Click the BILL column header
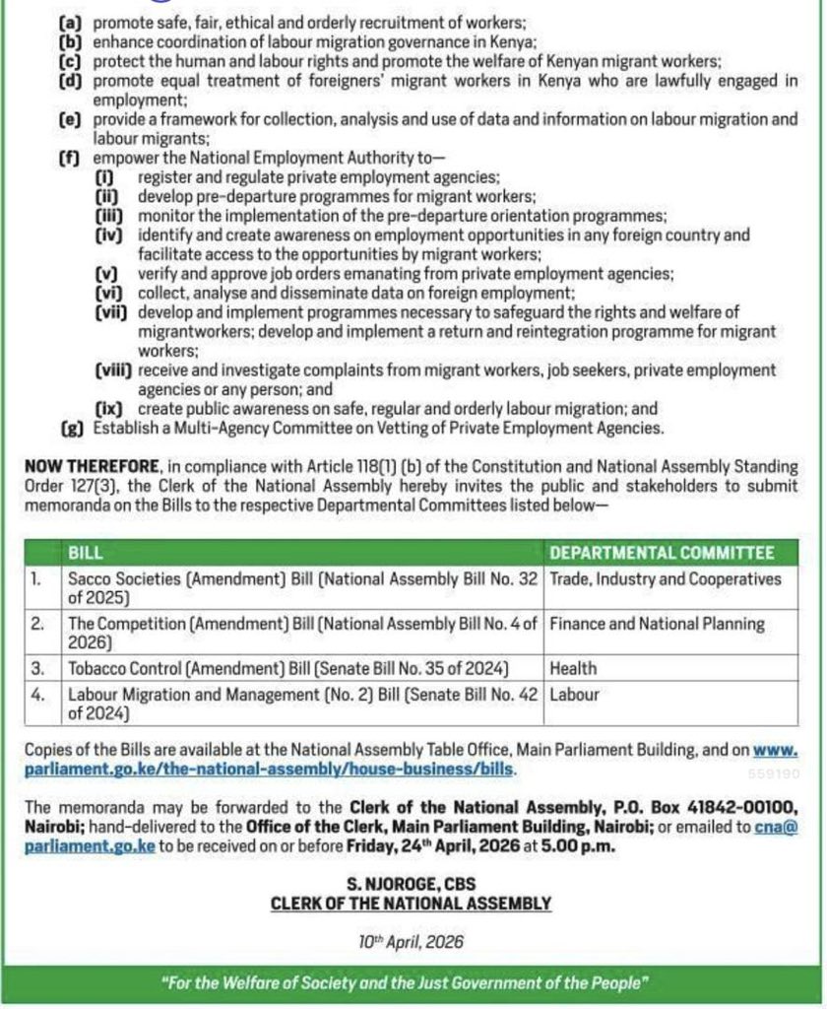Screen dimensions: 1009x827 click(x=85, y=553)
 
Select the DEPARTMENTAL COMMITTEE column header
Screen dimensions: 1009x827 click(x=662, y=553)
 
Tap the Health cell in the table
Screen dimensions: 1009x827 click(x=573, y=668)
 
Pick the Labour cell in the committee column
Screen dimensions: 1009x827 click(x=574, y=694)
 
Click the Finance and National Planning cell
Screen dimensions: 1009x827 click(x=657, y=623)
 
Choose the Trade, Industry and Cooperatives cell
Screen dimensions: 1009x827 click(x=665, y=579)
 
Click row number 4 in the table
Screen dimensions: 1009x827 click(x=37, y=694)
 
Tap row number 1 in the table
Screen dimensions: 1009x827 click(x=36, y=579)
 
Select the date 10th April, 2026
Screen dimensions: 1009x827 click(x=411, y=942)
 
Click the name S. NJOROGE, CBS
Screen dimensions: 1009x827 click(x=411, y=885)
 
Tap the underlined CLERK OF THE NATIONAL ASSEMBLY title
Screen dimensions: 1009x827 click(x=411, y=903)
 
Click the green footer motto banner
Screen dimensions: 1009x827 click(x=411, y=983)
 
